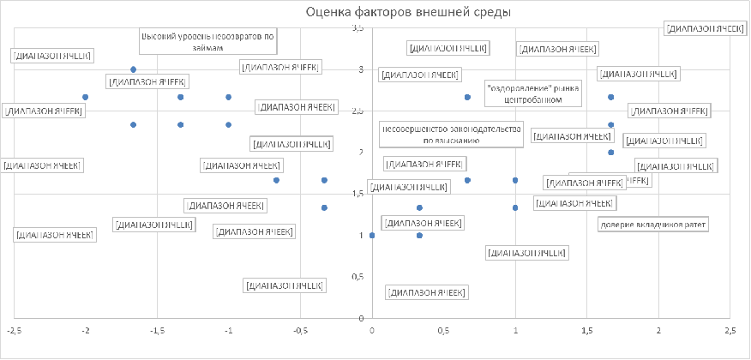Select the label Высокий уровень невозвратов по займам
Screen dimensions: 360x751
(x=208, y=42)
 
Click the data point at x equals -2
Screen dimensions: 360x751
(x=85, y=97)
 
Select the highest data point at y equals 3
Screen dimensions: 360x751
(x=133, y=69)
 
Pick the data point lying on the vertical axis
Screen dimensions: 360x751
(x=371, y=235)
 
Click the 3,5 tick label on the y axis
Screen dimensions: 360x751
(x=358, y=29)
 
